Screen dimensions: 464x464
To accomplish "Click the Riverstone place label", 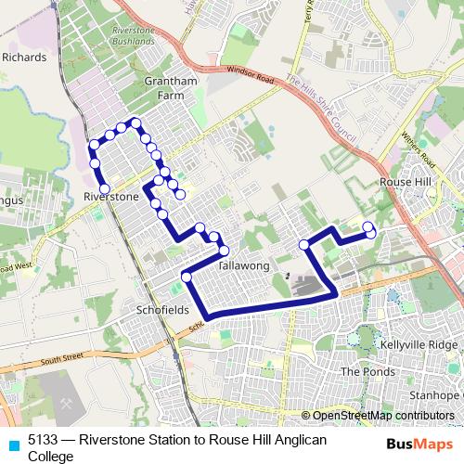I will point(110,197).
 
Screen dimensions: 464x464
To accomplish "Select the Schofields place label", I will point(162,309).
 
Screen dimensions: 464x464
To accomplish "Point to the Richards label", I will point(24,57).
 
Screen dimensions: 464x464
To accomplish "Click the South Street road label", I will point(61,355).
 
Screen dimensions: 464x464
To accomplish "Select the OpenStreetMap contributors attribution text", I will point(380,415).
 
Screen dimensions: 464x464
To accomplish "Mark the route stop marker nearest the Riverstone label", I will point(104,188).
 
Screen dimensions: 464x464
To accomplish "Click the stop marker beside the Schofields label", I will point(187,277).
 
